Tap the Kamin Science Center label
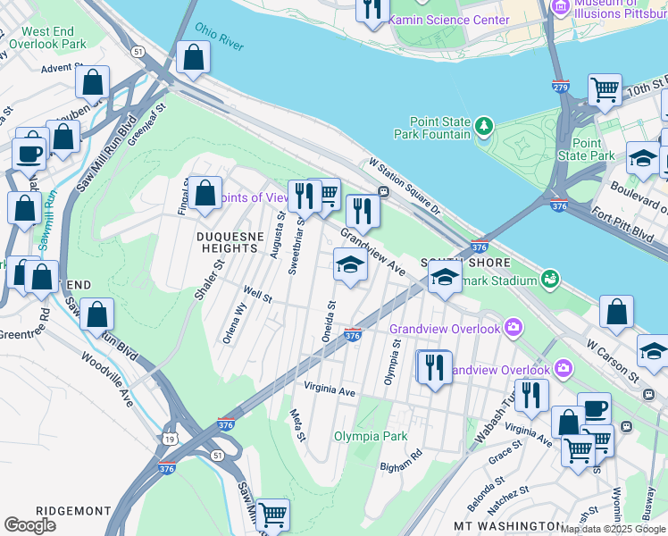point(450,19)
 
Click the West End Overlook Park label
point(47,38)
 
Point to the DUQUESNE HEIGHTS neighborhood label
point(231,242)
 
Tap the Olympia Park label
point(371,436)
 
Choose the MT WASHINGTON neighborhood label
point(507,526)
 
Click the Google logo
point(29,525)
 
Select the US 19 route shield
point(182,437)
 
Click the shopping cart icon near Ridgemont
point(272,515)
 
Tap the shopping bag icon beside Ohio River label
point(193,58)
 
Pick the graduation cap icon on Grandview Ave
point(349,265)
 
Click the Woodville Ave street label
point(107,379)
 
